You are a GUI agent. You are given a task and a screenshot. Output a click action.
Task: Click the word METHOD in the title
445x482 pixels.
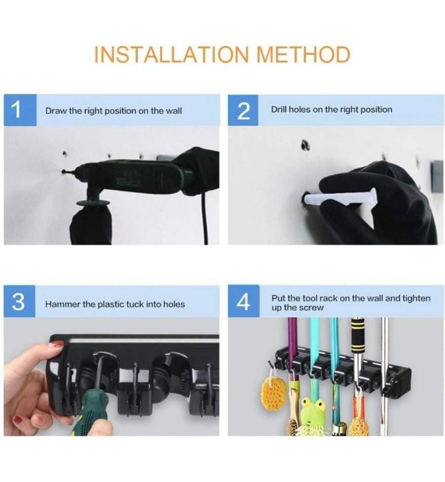click(x=303, y=55)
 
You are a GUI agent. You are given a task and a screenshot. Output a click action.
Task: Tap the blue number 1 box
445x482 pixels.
click(x=20, y=110)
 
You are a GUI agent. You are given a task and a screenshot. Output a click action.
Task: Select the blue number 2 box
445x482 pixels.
click(x=243, y=110)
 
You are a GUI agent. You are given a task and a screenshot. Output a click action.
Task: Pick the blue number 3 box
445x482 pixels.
click(x=19, y=301)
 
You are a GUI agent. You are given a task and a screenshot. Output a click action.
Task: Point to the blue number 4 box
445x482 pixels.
click(x=244, y=301)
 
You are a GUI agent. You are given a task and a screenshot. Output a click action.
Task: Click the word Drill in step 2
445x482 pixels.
click(x=279, y=109)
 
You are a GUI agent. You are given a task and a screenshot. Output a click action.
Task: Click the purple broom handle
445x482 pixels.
click(x=292, y=338)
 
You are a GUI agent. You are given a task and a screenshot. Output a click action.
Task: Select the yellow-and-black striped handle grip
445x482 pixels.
click(x=358, y=335)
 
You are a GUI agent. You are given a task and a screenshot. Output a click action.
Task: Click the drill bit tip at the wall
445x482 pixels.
click(x=63, y=172)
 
